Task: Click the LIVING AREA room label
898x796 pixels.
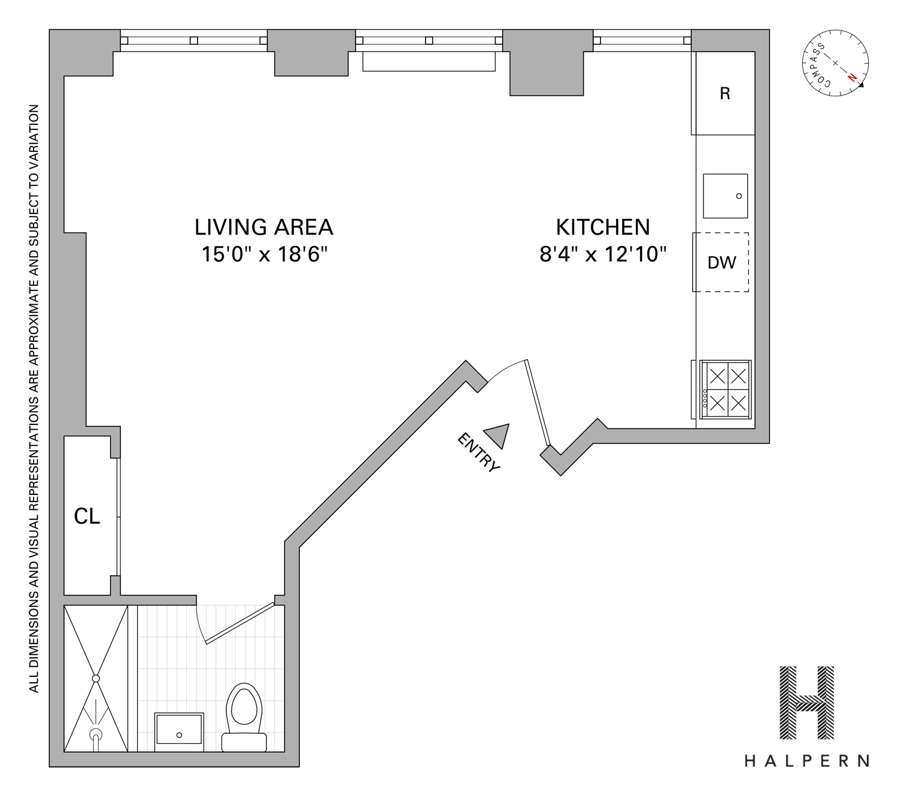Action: (x=263, y=227)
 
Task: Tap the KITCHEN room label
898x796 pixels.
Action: (x=602, y=227)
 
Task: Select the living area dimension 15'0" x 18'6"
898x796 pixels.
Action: (x=264, y=254)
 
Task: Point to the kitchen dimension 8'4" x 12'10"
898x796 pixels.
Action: (x=602, y=254)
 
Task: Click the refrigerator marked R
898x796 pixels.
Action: (x=724, y=94)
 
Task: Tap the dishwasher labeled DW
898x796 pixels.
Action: (x=721, y=263)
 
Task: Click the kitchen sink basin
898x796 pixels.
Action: (x=725, y=196)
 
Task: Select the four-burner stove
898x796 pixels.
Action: (x=726, y=389)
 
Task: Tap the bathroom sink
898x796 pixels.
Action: (x=179, y=728)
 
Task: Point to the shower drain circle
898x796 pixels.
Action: (x=96, y=678)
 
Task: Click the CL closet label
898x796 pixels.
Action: (x=87, y=516)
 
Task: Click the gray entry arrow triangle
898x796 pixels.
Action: (x=499, y=435)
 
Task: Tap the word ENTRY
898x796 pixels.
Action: (x=478, y=452)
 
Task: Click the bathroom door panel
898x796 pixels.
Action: (x=239, y=623)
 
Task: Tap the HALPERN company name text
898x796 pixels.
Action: (x=806, y=761)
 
